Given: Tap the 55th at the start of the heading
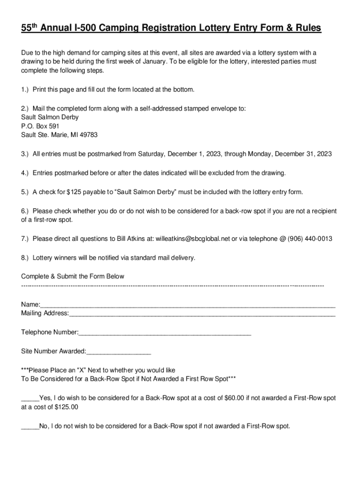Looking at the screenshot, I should click(x=29, y=28).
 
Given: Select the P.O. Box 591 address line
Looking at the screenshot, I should click(x=40, y=126).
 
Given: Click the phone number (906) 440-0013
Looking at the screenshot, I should click(x=310, y=239).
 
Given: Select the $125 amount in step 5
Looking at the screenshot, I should click(x=75, y=192).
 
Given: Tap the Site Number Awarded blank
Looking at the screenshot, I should click(x=119, y=351).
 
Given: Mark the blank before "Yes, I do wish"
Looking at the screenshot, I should click(x=30, y=399).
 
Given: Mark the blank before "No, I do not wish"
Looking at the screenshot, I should click(x=30, y=426).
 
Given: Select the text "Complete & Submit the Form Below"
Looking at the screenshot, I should click(x=72, y=276).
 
